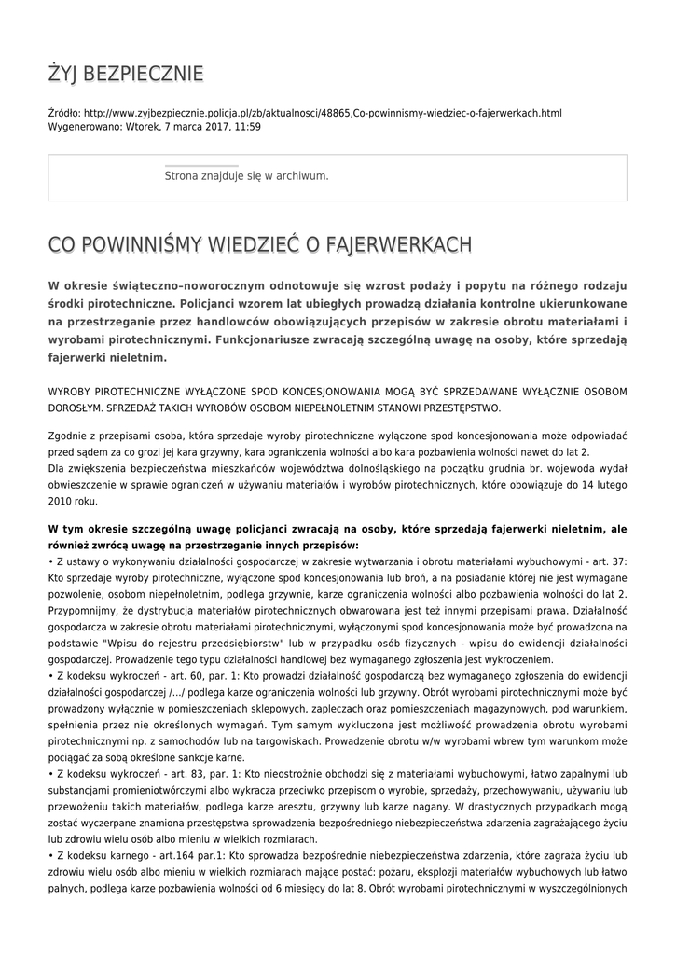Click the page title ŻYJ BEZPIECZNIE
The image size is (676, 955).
(x=126, y=74)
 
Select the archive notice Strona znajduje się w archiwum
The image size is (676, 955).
(x=246, y=175)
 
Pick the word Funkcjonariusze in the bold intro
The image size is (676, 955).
(x=270, y=339)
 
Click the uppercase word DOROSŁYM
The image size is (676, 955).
(x=79, y=408)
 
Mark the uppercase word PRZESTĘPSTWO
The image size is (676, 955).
(x=458, y=408)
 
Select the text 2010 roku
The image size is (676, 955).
(x=72, y=501)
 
